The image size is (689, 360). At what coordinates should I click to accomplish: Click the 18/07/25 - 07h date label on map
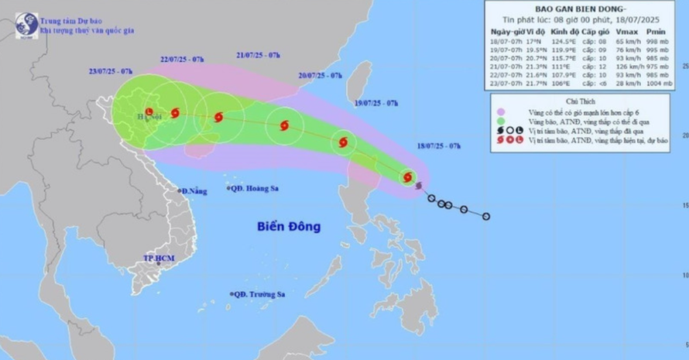tap(438, 146)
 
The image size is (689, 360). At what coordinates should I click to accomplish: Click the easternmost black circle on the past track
tap(486, 216)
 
